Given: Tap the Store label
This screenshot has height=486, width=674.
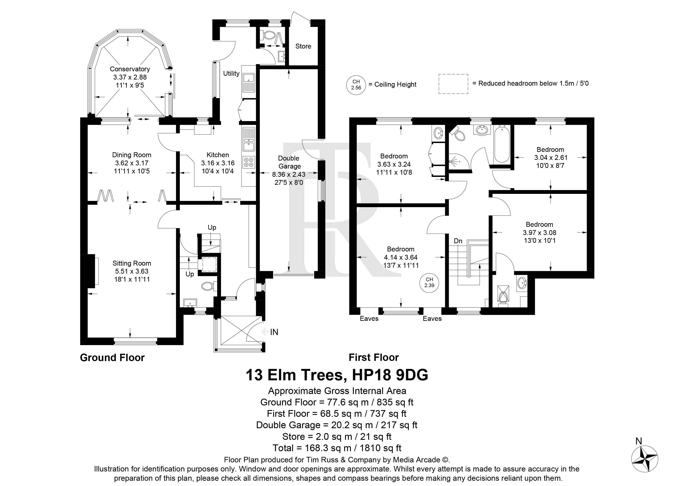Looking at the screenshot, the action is pos(303,46).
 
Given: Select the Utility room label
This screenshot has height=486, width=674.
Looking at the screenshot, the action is pos(231,73).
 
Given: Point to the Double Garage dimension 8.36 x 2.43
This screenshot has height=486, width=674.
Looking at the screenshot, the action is pos(289,174).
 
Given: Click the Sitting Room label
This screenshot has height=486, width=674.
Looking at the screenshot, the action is pos(132,263).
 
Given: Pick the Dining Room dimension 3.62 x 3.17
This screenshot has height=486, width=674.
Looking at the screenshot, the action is pos(132,163).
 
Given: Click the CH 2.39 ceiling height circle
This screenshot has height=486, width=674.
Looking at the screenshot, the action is pos(429,282).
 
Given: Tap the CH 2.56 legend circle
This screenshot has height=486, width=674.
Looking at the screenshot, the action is pos(356,85).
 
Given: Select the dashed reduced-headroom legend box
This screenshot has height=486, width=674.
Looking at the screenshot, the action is pos(453,84).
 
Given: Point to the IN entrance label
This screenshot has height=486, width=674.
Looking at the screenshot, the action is pos(274,332).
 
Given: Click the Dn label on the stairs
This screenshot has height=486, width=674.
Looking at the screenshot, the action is pos(458,241).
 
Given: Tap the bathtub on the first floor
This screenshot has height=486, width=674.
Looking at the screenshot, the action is pos(502,144).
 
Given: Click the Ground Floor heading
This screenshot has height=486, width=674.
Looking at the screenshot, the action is pos(112,358).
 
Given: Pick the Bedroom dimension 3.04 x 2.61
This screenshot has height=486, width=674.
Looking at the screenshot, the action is pos(550,158).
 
